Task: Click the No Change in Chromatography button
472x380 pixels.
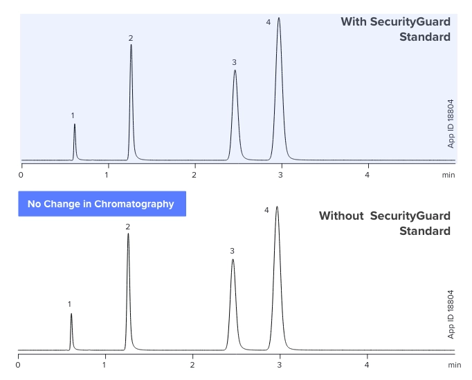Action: pos(101,204)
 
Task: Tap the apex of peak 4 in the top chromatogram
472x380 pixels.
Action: pos(279,18)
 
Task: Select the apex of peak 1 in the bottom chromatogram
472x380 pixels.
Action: pos(71,314)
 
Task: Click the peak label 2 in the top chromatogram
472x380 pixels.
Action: pos(130,38)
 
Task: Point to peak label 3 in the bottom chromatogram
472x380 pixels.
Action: pos(233,251)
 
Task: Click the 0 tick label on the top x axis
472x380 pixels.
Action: pos(21,175)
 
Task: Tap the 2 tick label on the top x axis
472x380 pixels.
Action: pos(194,175)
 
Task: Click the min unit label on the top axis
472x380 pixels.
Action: pos(448,175)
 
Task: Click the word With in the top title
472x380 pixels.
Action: pos(353,22)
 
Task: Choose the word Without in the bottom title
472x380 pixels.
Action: pos(341,216)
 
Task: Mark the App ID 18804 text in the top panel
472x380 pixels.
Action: pos(451,124)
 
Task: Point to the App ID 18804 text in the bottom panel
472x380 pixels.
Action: pos(451,314)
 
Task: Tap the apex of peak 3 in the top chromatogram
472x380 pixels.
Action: pos(235,70)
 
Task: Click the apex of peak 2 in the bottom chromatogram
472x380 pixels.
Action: pos(128,234)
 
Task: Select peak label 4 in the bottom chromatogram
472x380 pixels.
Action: pos(266,210)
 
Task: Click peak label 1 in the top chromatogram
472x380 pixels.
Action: pos(73,115)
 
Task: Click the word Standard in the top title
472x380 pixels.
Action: pos(425,37)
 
